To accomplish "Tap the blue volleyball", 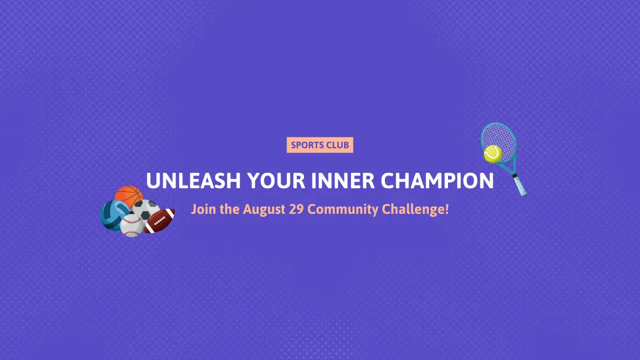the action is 113,215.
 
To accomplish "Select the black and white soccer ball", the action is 146,210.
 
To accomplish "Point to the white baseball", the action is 132,226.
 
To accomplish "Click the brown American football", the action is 159,221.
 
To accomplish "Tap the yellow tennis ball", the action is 493,154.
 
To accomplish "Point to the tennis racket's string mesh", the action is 499,141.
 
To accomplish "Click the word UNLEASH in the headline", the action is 194,181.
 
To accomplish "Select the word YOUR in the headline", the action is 276,181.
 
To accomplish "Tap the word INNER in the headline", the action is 343,181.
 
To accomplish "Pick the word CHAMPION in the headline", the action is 437,181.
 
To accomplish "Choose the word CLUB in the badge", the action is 338,145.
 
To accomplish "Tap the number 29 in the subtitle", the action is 297,209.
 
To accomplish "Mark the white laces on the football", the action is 159,221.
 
